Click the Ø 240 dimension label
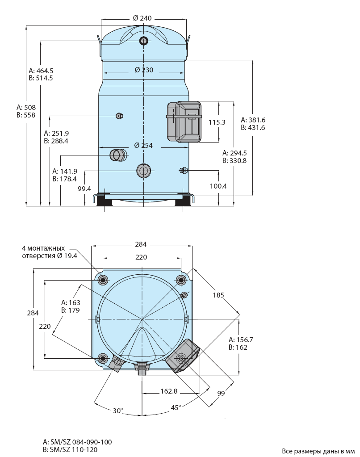click(x=142, y=18)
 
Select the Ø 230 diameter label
click(x=144, y=70)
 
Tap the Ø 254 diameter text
click(x=143, y=145)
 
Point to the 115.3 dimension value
click(x=217, y=122)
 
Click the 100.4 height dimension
click(x=218, y=186)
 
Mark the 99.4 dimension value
click(x=84, y=189)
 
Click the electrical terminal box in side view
click(x=184, y=122)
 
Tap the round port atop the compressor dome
click(x=144, y=41)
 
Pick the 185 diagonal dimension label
click(x=218, y=295)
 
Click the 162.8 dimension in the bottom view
click(x=169, y=391)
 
